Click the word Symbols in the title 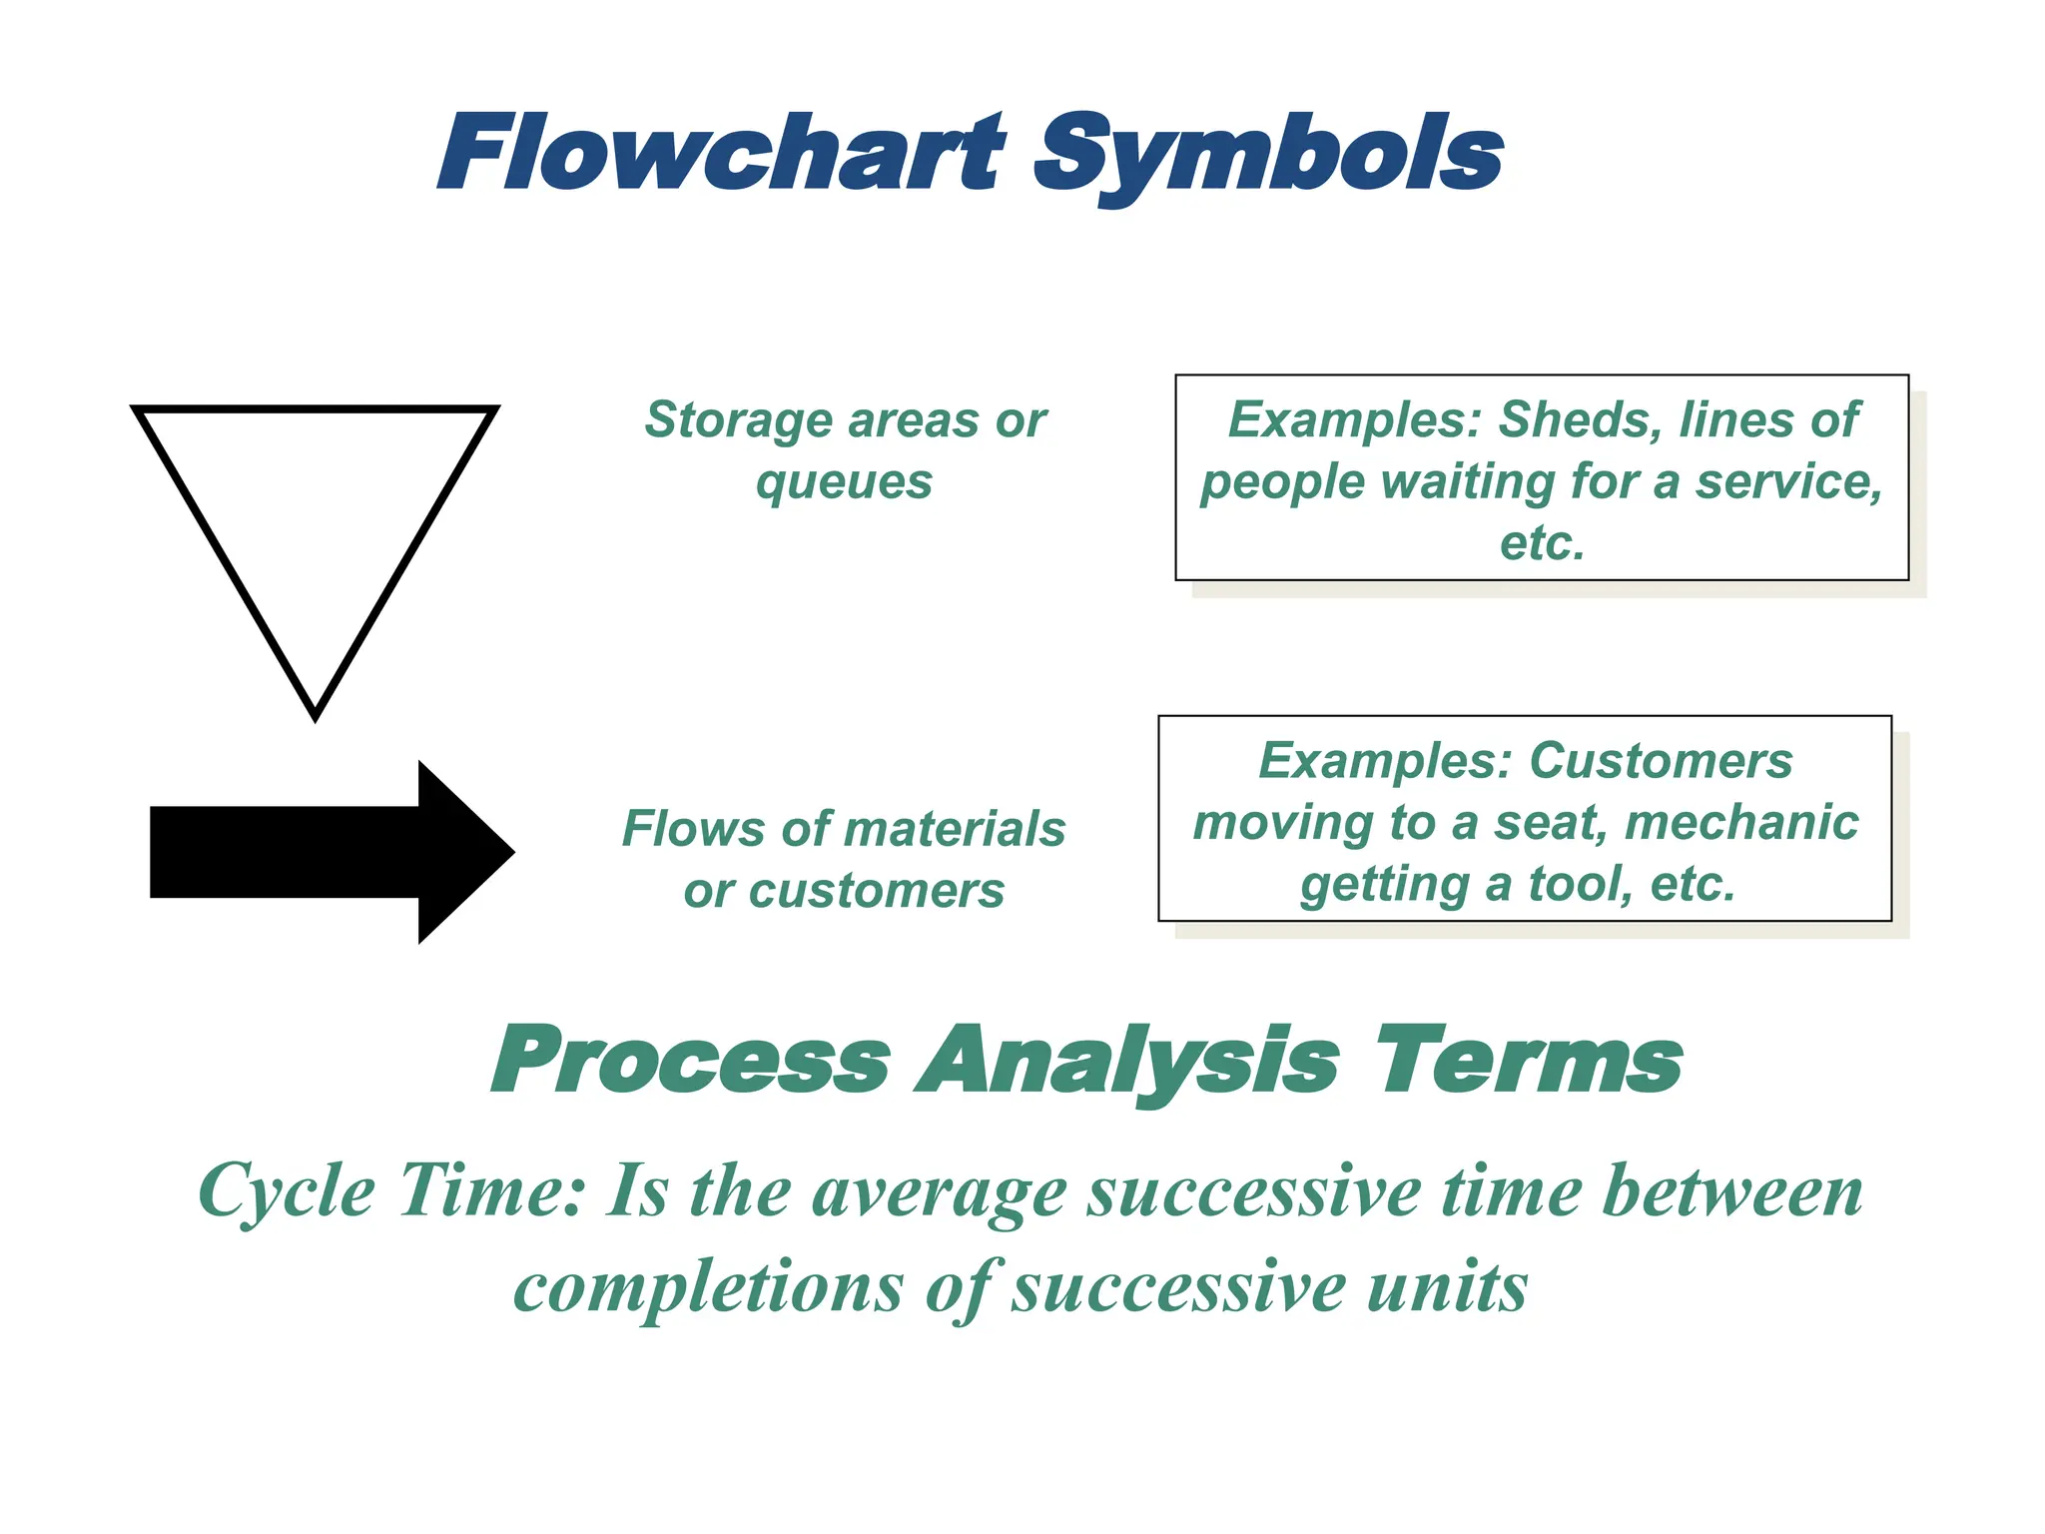click(x=1268, y=155)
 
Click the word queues click(x=844, y=482)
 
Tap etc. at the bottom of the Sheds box click(x=1542, y=543)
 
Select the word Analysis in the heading click(x=1128, y=1061)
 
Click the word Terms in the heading click(x=1528, y=1061)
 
